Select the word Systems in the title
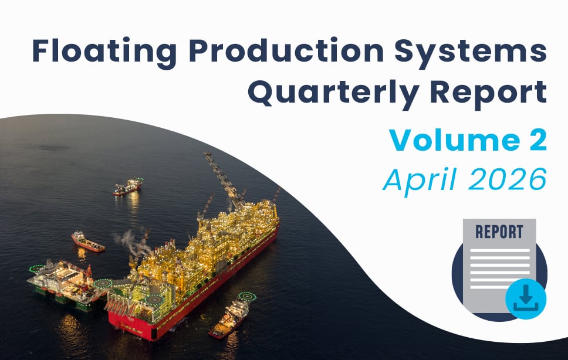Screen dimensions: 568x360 [x=471, y=52]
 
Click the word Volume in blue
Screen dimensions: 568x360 [x=455, y=140]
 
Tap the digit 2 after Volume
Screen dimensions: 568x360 [x=538, y=140]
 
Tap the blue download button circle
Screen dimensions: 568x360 [x=526, y=298]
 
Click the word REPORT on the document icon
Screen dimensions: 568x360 [x=499, y=232]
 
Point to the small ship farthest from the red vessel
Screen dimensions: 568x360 [x=128, y=186]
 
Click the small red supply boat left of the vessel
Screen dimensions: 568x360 [x=87, y=242]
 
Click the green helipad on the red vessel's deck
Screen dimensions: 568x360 [x=154, y=300]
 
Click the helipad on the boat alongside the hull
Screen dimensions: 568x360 [x=247, y=297]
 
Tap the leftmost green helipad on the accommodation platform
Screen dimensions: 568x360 [x=36, y=269]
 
